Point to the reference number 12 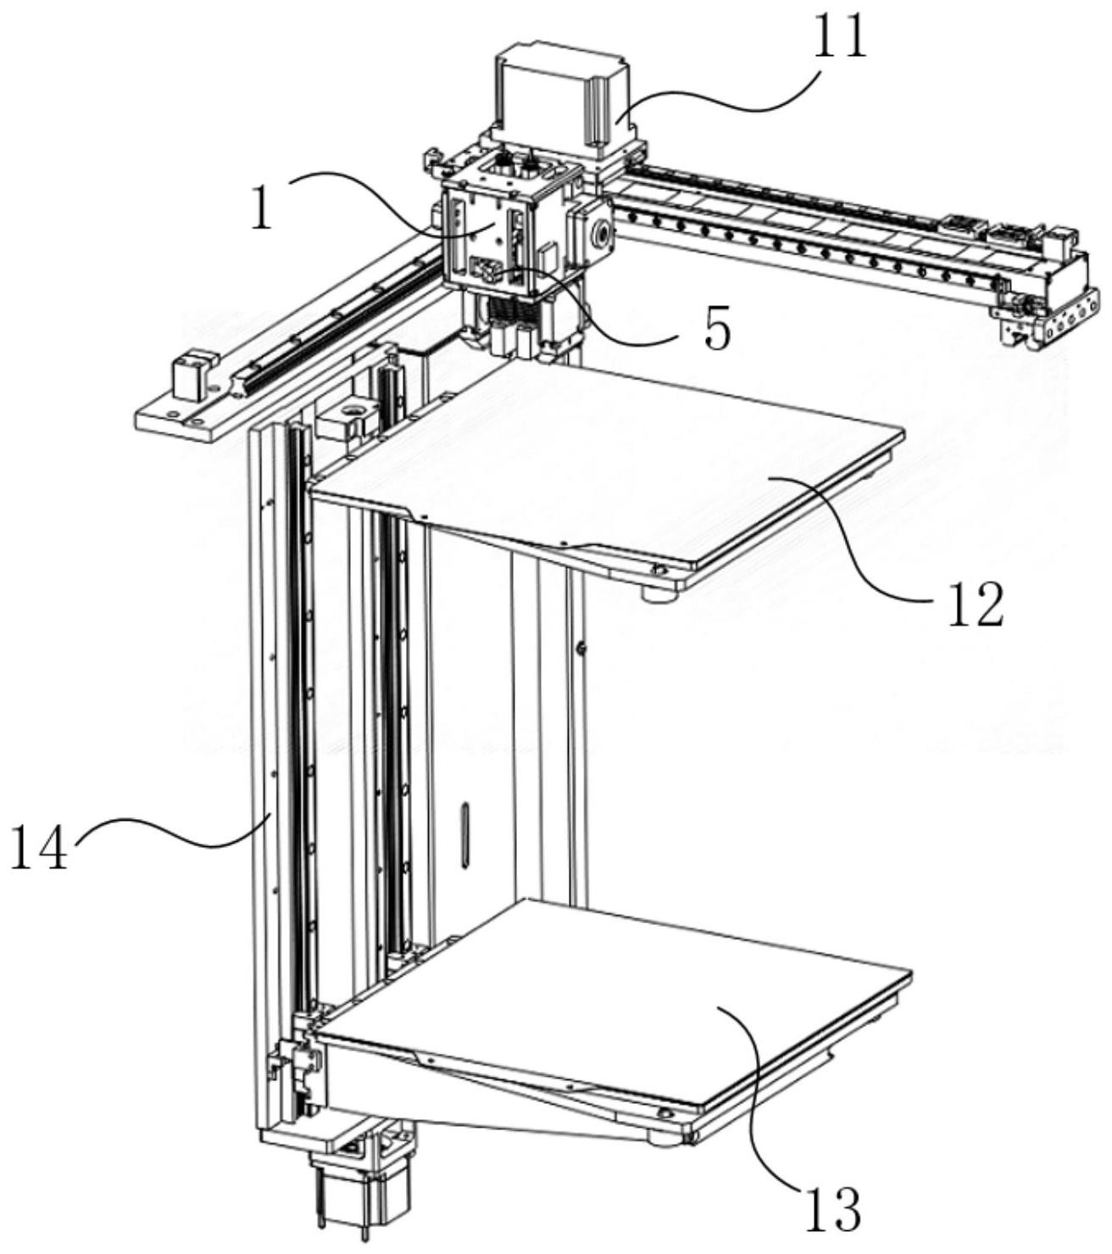click(x=975, y=603)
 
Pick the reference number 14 click(x=38, y=849)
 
